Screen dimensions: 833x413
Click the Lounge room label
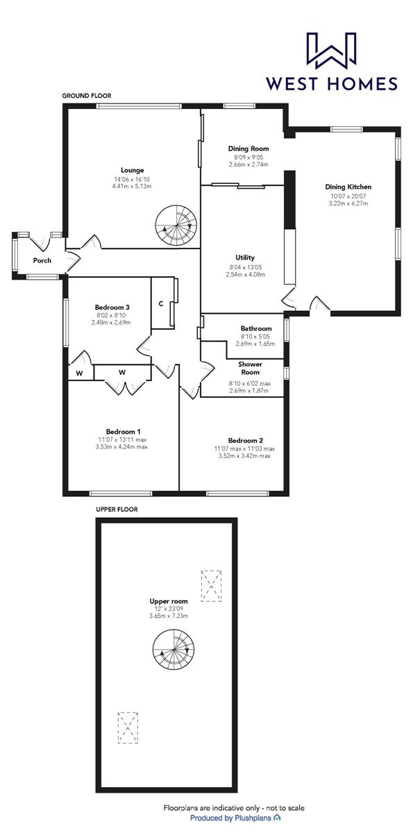click(132, 170)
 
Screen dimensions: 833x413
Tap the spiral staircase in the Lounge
click(176, 226)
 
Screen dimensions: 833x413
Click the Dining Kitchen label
click(348, 187)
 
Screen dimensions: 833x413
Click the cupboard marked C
click(161, 303)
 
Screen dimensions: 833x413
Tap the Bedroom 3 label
click(112, 308)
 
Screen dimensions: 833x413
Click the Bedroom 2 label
click(246, 440)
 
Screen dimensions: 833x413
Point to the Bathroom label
click(256, 328)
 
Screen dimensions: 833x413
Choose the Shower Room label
click(249, 368)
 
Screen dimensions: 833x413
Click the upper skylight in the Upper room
click(211, 585)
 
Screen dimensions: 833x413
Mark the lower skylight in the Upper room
click(128, 727)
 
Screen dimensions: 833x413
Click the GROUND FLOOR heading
click(87, 96)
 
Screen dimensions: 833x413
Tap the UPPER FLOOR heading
click(117, 510)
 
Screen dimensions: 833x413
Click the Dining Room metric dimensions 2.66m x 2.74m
click(248, 165)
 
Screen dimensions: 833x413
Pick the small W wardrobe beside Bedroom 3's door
click(79, 373)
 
